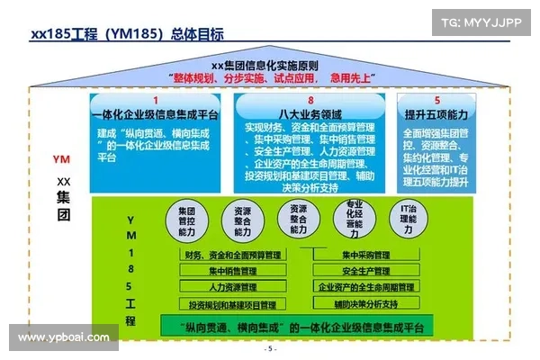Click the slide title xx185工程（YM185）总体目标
tap(127, 35)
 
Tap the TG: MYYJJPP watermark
tap(481, 21)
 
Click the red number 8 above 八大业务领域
tap(310, 100)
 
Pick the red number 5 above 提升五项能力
tap(437, 100)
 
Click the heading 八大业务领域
tap(310, 114)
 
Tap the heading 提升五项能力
tap(437, 114)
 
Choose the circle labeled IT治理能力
tap(408, 220)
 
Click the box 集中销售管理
tap(233, 271)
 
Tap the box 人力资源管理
tap(233, 287)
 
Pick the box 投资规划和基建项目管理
tap(233, 303)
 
